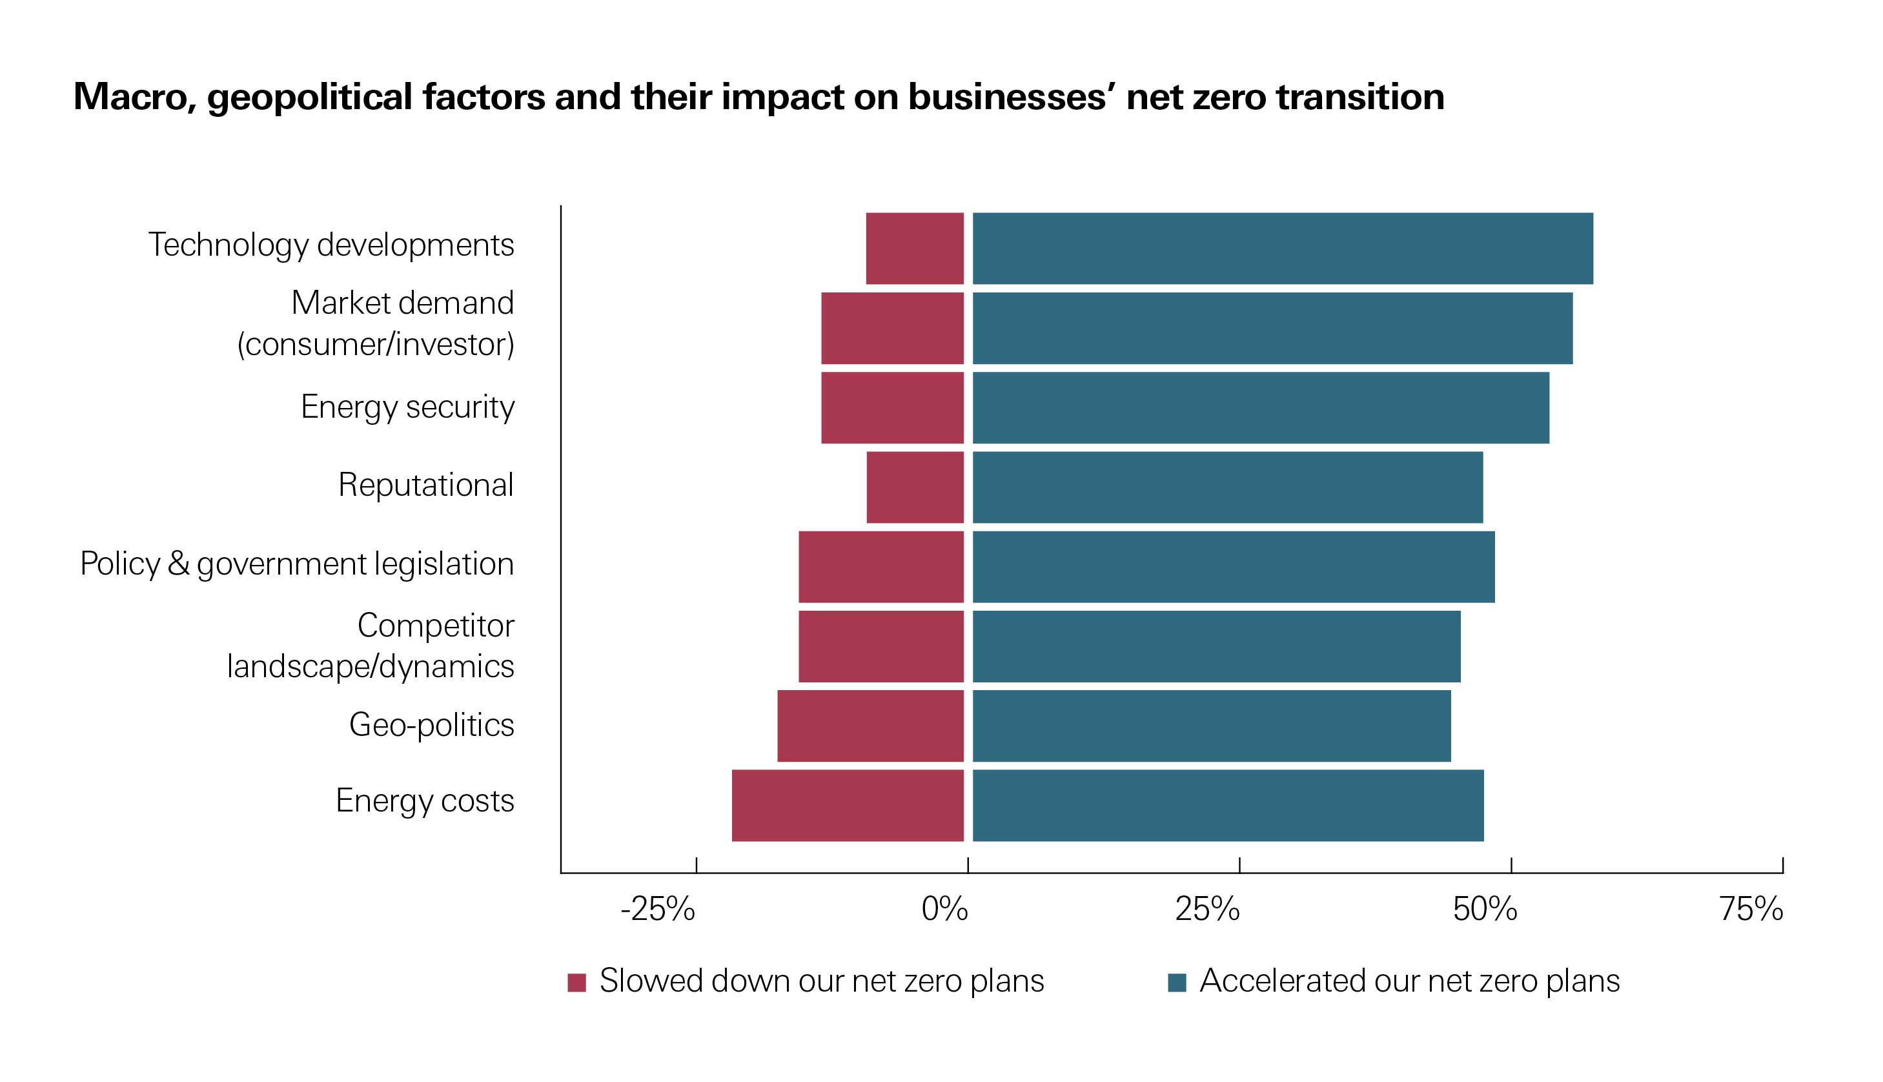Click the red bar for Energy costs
pyautogui.click(x=847, y=806)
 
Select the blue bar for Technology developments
pyautogui.click(x=1283, y=248)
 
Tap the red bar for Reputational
pyautogui.click(x=915, y=487)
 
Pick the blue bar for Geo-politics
pyautogui.click(x=1211, y=726)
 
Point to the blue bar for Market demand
pyautogui.click(x=1272, y=329)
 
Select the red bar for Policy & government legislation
pyautogui.click(x=880, y=567)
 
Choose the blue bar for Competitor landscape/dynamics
pyautogui.click(x=1216, y=646)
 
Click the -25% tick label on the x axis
pyautogui.click(x=658, y=910)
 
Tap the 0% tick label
pyautogui.click(x=944, y=910)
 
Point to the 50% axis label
pyautogui.click(x=1485, y=910)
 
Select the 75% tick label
pyautogui.click(x=1751, y=910)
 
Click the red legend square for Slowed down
pyautogui.click(x=576, y=983)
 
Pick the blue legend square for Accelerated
pyautogui.click(x=1177, y=983)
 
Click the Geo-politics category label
pyautogui.click(x=432, y=725)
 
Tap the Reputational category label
pyautogui.click(x=426, y=485)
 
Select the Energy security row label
pyautogui.click(x=407, y=407)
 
